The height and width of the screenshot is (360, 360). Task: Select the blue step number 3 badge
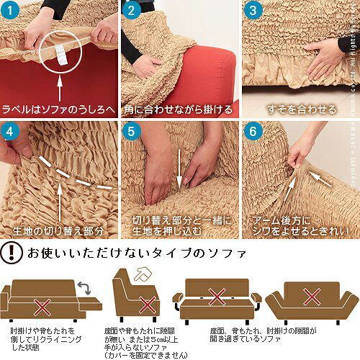(x=252, y=12)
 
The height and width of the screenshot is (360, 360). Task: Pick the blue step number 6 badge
(x=252, y=132)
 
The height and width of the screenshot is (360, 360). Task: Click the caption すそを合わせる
(x=301, y=110)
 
